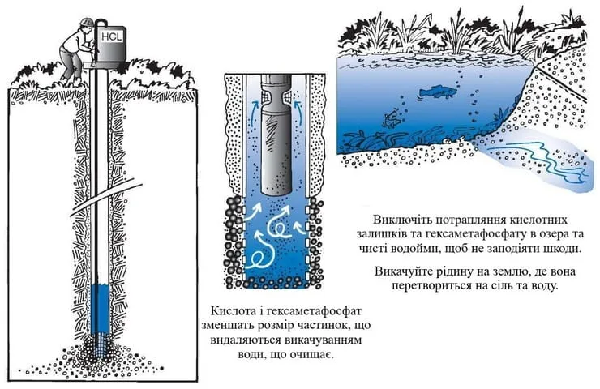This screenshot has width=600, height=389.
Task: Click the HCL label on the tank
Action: coord(112,36)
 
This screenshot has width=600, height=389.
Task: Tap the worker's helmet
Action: coord(84,22)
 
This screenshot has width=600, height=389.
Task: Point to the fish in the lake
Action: coord(437,92)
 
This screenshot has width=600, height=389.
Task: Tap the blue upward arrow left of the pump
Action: coord(254,113)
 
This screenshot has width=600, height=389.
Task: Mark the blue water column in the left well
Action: coord(101,309)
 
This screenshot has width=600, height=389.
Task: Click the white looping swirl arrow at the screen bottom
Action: coord(260,250)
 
